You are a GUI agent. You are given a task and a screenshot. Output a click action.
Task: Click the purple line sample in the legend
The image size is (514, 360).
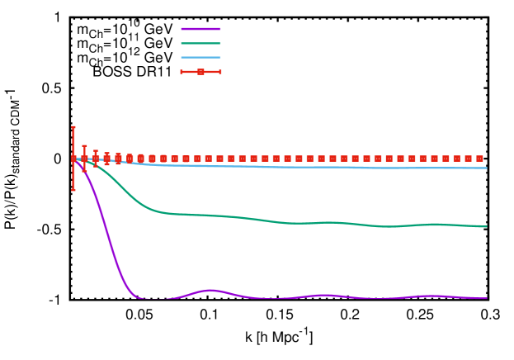click(200, 29)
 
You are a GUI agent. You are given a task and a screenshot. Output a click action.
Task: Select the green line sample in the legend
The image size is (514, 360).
click(200, 43)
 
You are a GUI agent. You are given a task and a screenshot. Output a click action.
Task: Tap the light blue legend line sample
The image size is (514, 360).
click(200, 57)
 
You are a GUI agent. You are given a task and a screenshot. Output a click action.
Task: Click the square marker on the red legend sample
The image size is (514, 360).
click(200, 72)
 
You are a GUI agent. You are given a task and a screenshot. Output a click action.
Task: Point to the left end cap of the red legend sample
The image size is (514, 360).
click(182, 72)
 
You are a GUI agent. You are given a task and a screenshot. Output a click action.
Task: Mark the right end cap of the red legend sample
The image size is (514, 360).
click(219, 72)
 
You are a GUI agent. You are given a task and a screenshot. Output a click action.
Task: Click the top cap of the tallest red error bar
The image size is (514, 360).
click(73, 127)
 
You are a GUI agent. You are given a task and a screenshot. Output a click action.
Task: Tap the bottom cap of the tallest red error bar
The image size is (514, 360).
click(73, 190)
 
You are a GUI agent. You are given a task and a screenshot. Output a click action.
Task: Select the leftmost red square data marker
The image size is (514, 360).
click(73, 159)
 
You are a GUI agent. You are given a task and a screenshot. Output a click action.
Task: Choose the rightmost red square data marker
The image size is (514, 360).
click(479, 159)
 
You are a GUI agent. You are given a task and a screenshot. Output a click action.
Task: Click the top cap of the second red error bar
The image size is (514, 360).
click(84, 146)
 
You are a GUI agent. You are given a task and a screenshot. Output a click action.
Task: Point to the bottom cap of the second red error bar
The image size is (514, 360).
click(84, 171)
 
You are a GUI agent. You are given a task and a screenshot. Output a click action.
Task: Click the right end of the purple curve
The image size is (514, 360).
click(487, 298)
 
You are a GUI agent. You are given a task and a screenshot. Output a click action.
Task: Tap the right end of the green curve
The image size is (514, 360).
click(487, 226)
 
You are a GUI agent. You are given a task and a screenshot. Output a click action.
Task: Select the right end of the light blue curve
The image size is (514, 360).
click(487, 168)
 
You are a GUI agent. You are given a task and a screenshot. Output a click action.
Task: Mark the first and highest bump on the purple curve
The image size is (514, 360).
click(211, 290)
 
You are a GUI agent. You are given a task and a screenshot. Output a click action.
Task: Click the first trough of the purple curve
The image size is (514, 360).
click(153, 299)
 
